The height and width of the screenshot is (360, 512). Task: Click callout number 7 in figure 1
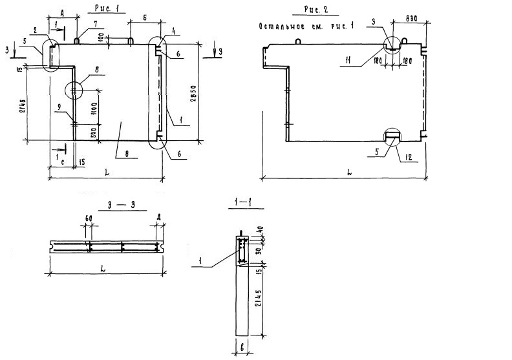click(95, 24)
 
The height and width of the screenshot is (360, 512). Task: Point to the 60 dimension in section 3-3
click(87, 218)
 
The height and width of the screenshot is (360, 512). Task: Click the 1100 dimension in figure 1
click(94, 107)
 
